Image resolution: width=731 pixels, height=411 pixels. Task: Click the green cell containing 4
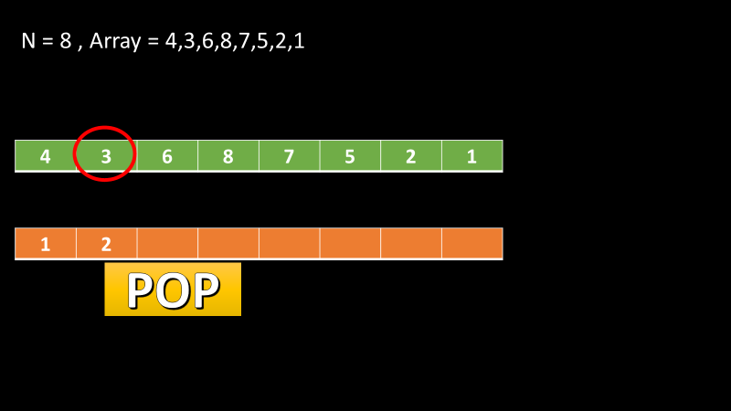(46, 156)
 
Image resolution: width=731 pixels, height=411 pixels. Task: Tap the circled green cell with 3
(106, 156)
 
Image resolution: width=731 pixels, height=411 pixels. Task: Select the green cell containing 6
(167, 156)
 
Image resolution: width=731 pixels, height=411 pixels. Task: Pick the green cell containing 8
(228, 156)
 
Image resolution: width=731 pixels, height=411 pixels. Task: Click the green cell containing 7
(289, 156)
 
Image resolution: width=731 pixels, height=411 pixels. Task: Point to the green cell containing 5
(350, 156)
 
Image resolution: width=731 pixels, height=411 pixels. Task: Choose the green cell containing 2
(411, 156)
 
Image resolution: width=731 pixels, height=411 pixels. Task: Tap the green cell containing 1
(471, 156)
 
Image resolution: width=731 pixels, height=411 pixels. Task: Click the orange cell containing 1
(46, 244)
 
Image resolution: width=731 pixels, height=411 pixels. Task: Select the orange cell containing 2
(106, 244)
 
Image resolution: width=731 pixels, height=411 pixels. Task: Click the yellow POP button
(173, 290)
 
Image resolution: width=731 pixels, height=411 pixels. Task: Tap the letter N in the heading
(28, 42)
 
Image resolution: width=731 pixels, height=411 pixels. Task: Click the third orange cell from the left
(167, 244)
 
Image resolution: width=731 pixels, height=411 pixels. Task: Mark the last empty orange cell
(471, 244)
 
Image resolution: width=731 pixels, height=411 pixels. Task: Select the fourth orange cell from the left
(228, 244)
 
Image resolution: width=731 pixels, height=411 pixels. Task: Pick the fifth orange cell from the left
(289, 244)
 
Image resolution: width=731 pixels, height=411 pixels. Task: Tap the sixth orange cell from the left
(350, 244)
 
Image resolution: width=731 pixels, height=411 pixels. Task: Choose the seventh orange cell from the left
(411, 244)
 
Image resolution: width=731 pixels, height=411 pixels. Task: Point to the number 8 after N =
(66, 42)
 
